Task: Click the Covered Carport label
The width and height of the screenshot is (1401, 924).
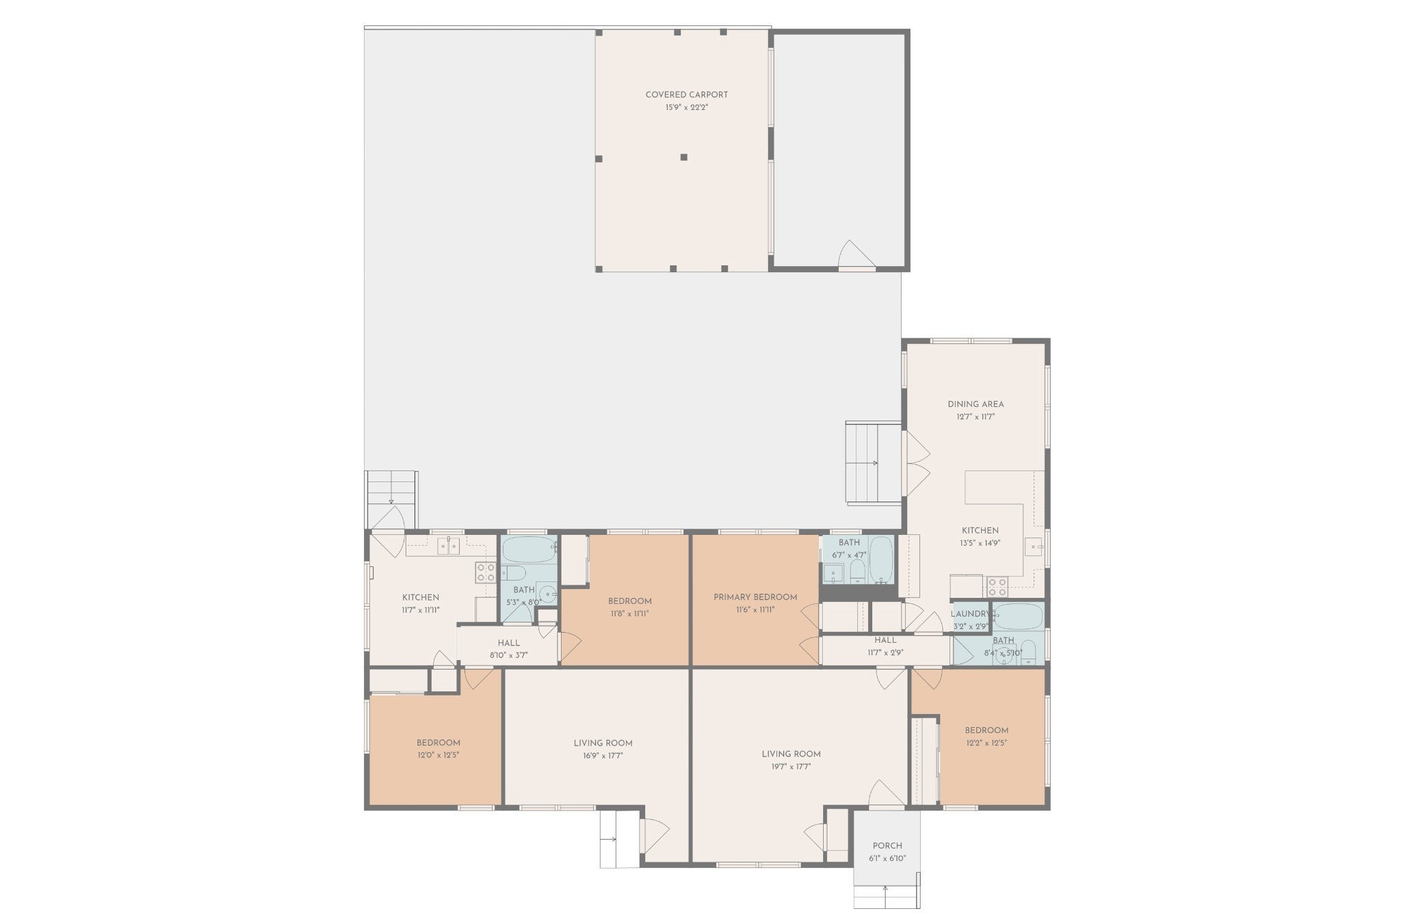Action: (x=686, y=95)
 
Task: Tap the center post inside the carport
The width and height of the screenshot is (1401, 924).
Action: (x=683, y=157)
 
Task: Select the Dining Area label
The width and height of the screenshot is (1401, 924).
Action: (x=976, y=404)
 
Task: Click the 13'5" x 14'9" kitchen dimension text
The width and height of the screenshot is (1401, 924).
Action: (x=980, y=544)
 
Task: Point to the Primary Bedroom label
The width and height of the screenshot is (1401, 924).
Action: (x=755, y=597)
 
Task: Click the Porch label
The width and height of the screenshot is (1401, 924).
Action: (x=887, y=845)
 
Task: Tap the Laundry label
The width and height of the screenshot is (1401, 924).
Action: (x=969, y=614)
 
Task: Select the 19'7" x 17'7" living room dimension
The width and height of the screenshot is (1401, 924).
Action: (x=791, y=767)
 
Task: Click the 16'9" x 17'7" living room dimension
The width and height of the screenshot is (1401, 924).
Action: (x=603, y=756)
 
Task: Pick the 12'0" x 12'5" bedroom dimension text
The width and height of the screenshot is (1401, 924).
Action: (x=438, y=756)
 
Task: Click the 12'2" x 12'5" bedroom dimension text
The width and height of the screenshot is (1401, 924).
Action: (x=986, y=743)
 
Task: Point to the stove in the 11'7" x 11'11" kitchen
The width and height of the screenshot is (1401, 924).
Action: (x=486, y=572)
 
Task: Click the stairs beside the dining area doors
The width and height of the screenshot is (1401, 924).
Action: (x=873, y=463)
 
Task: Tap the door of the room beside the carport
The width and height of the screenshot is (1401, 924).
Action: (x=856, y=256)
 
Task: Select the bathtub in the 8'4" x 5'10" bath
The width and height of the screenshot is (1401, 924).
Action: (x=1017, y=616)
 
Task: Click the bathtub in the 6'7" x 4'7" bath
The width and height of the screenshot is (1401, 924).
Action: (x=881, y=559)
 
